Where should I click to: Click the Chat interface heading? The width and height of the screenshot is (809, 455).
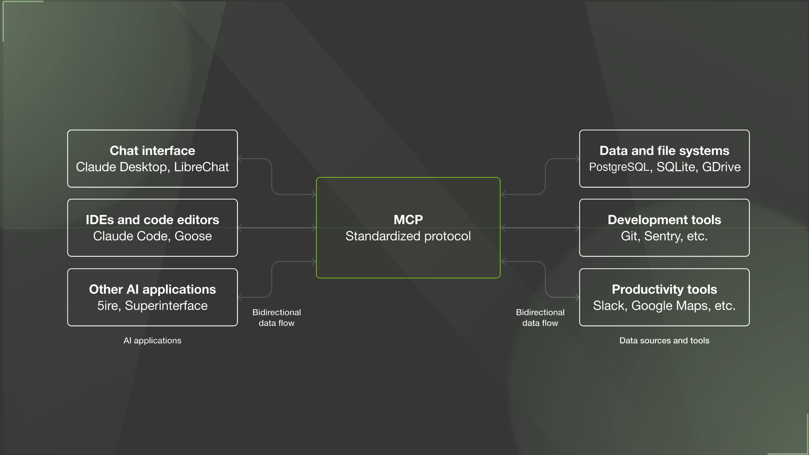coord(152,151)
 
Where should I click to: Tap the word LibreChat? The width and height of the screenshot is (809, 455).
coord(201,167)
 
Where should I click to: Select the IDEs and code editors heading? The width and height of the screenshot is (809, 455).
coord(152,220)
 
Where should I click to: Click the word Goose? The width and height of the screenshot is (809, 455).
coord(193,236)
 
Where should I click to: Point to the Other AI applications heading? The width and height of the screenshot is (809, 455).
coord(152,289)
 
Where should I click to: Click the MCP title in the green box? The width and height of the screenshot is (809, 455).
coord(408,220)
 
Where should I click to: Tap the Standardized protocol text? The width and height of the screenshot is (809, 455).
coord(408,236)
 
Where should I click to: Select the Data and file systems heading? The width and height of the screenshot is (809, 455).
coord(664,151)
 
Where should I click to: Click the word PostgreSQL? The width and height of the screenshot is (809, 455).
coord(619,167)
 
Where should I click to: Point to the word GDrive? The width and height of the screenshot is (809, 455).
coord(721,167)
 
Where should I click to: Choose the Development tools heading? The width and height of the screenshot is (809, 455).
coord(664,220)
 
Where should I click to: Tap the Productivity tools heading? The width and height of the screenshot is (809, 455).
coord(664,289)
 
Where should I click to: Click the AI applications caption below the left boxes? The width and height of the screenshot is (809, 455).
coord(152,341)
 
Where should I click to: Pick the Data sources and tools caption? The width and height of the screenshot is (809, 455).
coord(664,341)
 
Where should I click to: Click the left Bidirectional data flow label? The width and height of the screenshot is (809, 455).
coord(276,317)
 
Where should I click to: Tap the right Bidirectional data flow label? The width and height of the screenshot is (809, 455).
coord(540,317)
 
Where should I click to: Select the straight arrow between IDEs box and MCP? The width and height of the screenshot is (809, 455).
coord(277,228)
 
